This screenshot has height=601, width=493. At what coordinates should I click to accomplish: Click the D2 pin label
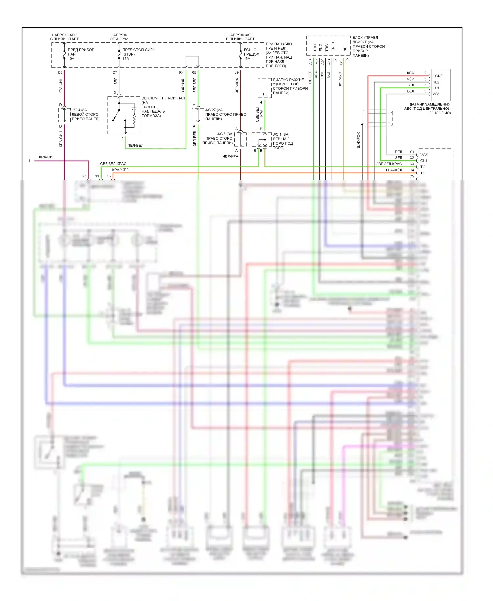pyautogui.click(x=60, y=73)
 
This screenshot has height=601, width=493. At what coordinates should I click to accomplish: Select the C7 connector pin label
pyautogui.click(x=115, y=73)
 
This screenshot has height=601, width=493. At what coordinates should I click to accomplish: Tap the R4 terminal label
pyautogui.click(x=181, y=73)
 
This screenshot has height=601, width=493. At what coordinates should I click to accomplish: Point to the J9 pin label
pyautogui.click(x=237, y=73)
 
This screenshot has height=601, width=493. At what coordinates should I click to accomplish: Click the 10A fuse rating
pyautogui.click(x=71, y=59)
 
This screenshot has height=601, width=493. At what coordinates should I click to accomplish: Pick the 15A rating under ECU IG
pyautogui.click(x=247, y=59)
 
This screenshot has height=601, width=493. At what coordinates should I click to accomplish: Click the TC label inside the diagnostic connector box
pyautogui.click(x=265, y=94)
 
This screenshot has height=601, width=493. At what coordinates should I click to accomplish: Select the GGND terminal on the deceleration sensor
pyautogui.click(x=438, y=76)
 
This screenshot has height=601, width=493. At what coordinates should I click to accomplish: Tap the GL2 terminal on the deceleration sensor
pyautogui.click(x=436, y=82)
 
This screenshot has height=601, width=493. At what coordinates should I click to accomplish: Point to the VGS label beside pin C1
pyautogui.click(x=424, y=155)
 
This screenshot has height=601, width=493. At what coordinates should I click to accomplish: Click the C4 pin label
pyautogui.click(x=412, y=170)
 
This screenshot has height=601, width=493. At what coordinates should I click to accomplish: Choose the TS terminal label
pyautogui.click(x=423, y=173)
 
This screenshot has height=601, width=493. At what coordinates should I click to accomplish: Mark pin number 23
pyautogui.click(x=84, y=176)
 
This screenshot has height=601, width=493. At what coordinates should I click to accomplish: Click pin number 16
pyautogui.click(x=109, y=176)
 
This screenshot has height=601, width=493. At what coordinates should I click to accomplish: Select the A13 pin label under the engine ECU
pyautogui.click(x=311, y=61)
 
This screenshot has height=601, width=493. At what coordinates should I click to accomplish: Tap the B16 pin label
pyautogui.click(x=341, y=61)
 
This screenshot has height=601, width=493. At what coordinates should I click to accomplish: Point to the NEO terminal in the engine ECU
pyautogui.click(x=345, y=47)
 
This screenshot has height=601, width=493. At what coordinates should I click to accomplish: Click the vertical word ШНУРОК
pyautogui.click(x=359, y=140)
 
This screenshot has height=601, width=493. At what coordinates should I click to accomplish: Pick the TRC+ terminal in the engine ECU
pyautogui.click(x=315, y=47)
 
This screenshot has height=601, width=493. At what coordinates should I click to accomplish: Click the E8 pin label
pyautogui.click(x=347, y=60)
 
